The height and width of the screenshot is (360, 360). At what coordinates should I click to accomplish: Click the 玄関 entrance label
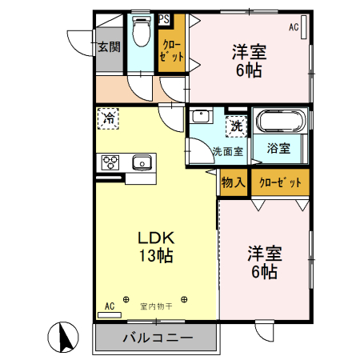click(110, 47)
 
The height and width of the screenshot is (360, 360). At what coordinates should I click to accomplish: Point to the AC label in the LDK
click(110, 305)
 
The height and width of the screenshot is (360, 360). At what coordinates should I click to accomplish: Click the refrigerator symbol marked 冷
click(109, 119)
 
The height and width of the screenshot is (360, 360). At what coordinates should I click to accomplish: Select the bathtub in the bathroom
click(279, 122)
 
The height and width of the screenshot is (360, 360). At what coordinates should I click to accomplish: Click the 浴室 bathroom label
click(278, 149)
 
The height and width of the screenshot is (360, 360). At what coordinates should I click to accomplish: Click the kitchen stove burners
click(110, 162)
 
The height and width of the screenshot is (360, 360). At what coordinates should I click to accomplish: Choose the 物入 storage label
click(233, 183)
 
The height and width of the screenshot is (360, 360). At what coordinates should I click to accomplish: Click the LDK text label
click(157, 238)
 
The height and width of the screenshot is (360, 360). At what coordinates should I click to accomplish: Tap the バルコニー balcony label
click(158, 337)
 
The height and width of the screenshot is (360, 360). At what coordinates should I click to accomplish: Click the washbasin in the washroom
click(200, 117)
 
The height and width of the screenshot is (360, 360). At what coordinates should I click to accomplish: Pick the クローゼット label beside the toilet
click(170, 51)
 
